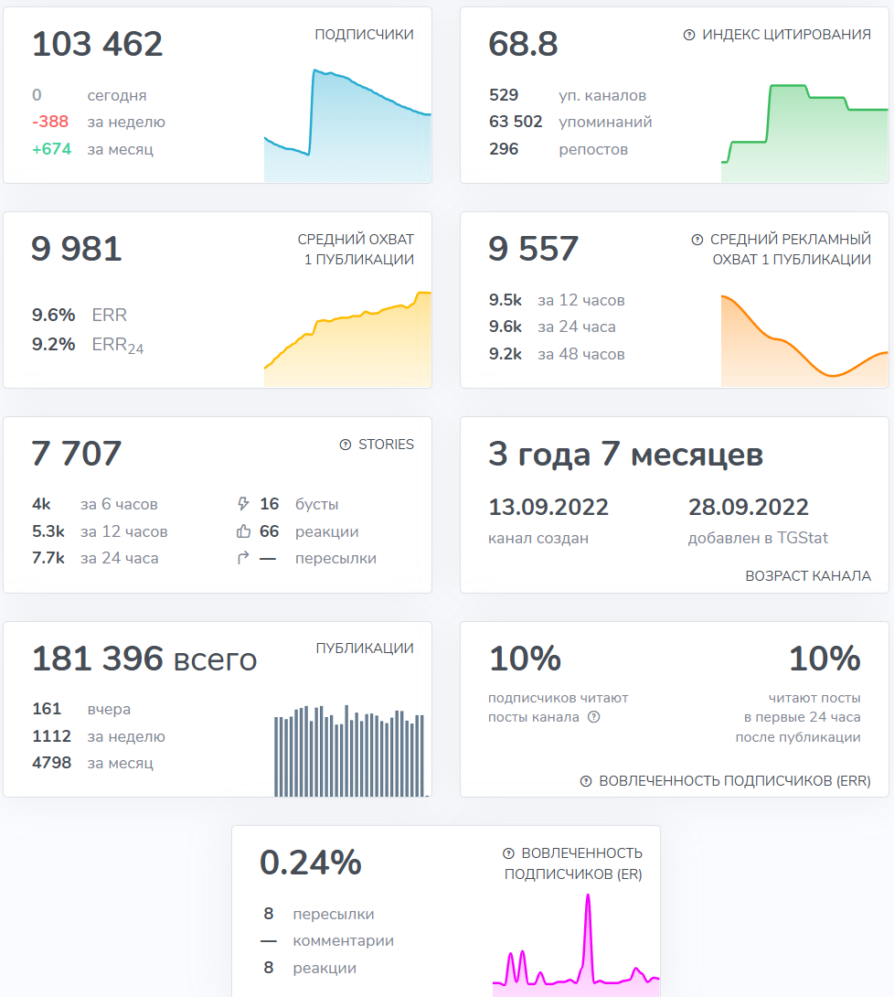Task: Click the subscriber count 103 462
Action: pyautogui.click(x=97, y=44)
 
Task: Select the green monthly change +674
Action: pyautogui.click(x=51, y=149)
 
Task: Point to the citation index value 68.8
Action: pyautogui.click(x=523, y=44)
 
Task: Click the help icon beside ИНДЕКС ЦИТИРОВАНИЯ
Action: pyautogui.click(x=689, y=35)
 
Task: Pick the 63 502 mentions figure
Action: pyautogui.click(x=516, y=122)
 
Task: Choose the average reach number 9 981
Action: pyautogui.click(x=77, y=249)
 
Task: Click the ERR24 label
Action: pyautogui.click(x=118, y=346)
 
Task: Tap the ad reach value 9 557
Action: pyautogui.click(x=534, y=249)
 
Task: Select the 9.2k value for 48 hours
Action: pyautogui.click(x=506, y=354)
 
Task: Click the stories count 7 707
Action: pyautogui.click(x=77, y=454)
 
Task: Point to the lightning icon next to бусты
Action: pyautogui.click(x=243, y=504)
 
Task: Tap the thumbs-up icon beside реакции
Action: pyautogui.click(x=243, y=531)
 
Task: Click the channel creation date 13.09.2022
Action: pyautogui.click(x=548, y=508)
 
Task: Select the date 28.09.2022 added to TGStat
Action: pyautogui.click(x=748, y=508)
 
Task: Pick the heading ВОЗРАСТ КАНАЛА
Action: pyautogui.click(x=808, y=576)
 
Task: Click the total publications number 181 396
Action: pyautogui.click(x=98, y=659)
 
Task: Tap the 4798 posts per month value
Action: pyautogui.click(x=52, y=763)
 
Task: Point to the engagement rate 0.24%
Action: pyautogui.click(x=311, y=863)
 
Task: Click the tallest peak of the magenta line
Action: pyautogui.click(x=588, y=896)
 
